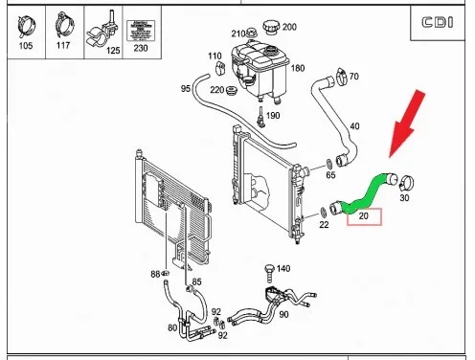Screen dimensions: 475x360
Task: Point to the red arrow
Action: click(407, 124)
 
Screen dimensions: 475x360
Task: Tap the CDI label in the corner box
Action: click(437, 23)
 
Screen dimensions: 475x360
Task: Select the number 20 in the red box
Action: click(364, 216)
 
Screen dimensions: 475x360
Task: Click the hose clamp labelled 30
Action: click(406, 183)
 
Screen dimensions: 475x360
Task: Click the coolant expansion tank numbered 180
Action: click(260, 72)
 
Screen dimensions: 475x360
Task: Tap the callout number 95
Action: click(186, 88)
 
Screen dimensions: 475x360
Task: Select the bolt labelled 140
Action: click(270, 273)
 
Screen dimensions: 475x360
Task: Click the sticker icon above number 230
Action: click(141, 31)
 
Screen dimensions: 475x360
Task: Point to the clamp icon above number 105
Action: click(27, 27)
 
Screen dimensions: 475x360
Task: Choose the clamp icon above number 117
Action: click(64, 25)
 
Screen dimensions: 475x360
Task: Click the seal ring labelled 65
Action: click(328, 164)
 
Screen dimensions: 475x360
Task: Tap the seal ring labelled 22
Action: click(323, 212)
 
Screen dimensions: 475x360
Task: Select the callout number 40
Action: click(354, 126)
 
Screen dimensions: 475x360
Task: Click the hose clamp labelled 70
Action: click(341, 77)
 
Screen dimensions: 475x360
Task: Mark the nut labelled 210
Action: click(251, 33)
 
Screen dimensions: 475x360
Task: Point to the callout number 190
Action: click(273, 115)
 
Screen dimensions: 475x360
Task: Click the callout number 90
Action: click(283, 314)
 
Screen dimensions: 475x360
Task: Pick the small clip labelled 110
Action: click(220, 68)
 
